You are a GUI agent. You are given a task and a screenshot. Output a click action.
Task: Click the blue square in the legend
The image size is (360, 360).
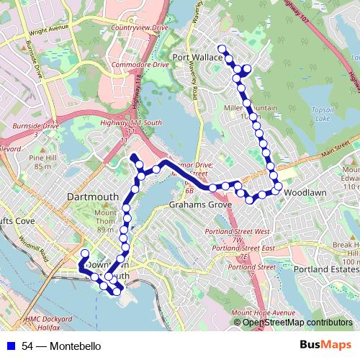point(12,346)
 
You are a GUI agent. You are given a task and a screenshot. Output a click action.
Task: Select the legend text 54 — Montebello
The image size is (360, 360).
point(60,346)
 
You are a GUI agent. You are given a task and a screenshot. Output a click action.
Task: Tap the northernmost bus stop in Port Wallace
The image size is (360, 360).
point(221,49)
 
